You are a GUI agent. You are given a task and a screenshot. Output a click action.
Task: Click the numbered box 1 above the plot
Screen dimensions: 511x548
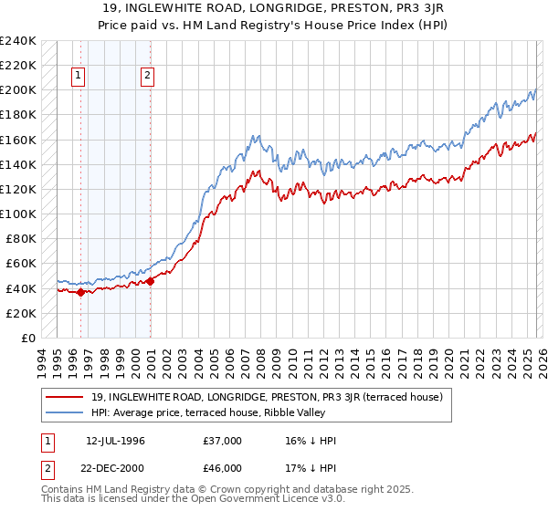(x=79, y=77)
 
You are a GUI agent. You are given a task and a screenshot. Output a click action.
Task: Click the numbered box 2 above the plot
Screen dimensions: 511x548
(x=147, y=77)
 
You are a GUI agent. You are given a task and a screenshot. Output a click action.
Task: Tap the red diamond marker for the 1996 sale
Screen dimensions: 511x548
(x=80, y=292)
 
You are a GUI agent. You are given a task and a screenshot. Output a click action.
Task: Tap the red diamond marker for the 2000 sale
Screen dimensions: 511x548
(x=151, y=281)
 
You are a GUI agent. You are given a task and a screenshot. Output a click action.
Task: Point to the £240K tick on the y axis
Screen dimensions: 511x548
(x=18, y=41)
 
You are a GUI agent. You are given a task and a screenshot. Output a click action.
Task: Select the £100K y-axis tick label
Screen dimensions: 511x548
(x=18, y=214)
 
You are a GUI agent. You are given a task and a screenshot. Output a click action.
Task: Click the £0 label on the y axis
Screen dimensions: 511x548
(x=26, y=338)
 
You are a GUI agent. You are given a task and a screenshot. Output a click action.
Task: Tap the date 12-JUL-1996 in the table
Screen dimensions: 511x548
(x=116, y=441)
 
